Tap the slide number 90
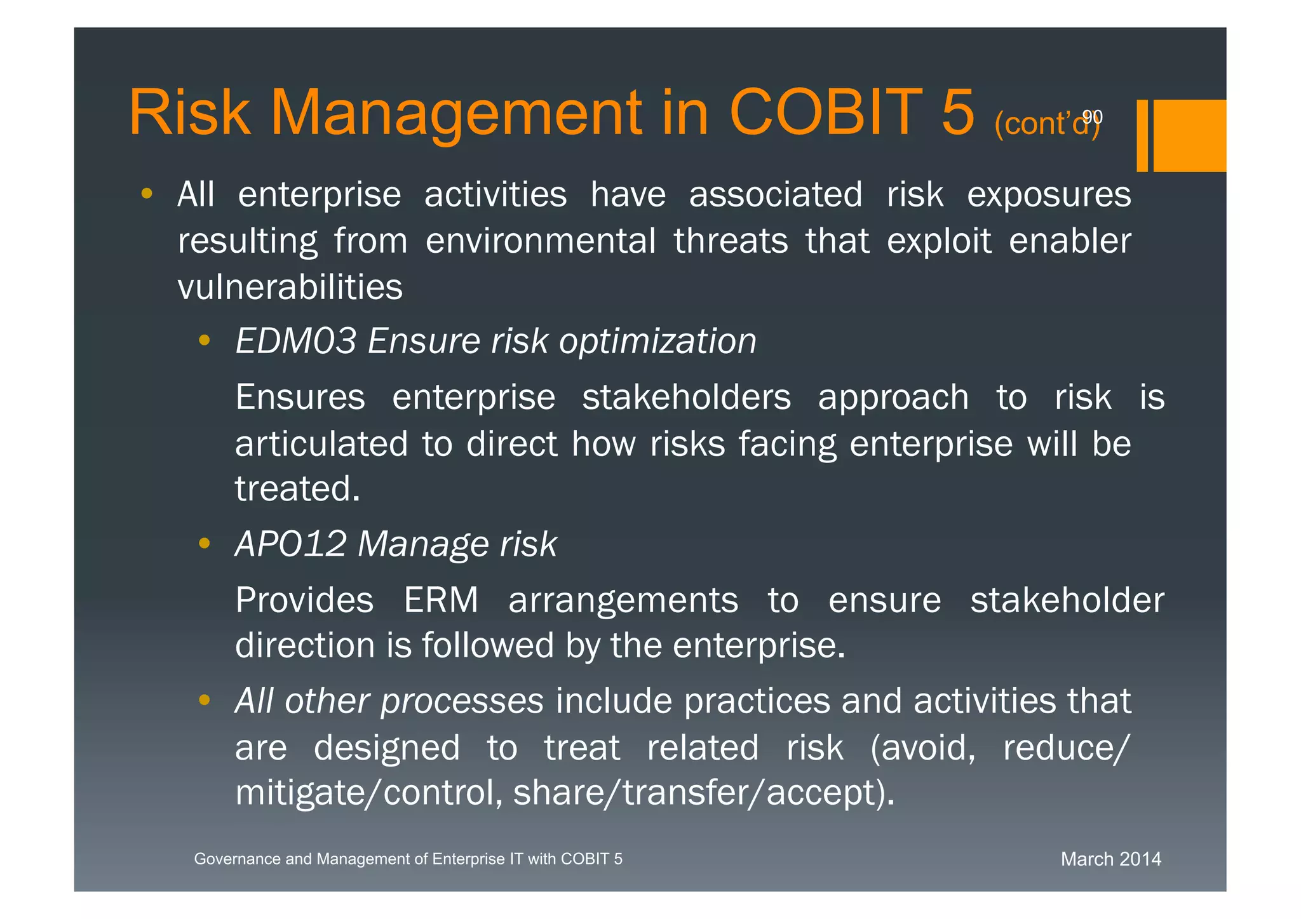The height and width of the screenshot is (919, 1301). [1092, 117]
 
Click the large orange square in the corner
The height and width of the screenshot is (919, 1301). [1189, 135]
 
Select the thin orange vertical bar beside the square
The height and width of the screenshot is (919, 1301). [1142, 135]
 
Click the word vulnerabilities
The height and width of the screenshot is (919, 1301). [290, 287]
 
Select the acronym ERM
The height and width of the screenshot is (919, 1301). [441, 600]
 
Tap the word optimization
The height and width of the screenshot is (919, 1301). [657, 342]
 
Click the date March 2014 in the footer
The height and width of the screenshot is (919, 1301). [1110, 859]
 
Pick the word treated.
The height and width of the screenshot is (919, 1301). [297, 489]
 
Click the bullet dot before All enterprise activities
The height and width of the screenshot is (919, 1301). [147, 193]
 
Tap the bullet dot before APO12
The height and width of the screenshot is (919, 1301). [204, 543]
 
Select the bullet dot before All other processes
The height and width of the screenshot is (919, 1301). [204, 701]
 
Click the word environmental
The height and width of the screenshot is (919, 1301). [540, 241]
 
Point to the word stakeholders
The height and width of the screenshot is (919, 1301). [686, 398]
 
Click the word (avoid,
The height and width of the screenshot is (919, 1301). [922, 748]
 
